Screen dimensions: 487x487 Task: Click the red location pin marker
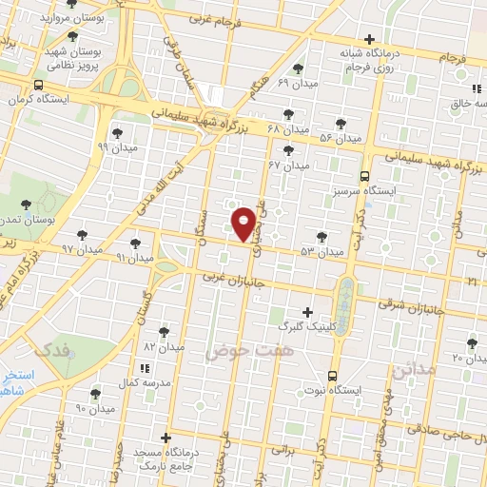(244, 223)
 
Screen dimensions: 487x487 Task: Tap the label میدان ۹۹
(117, 147)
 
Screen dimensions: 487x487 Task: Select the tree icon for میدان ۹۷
(84, 234)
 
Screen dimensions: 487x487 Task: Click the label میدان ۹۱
(134, 257)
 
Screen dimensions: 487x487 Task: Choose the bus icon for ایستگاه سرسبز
(364, 176)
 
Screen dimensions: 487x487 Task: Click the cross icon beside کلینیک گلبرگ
(306, 312)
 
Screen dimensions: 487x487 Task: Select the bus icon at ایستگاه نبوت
(331, 376)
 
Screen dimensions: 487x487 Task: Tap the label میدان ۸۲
(164, 347)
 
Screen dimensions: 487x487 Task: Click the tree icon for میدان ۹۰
(95, 394)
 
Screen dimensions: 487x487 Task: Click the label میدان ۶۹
(297, 83)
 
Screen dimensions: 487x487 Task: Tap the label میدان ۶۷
(289, 165)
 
